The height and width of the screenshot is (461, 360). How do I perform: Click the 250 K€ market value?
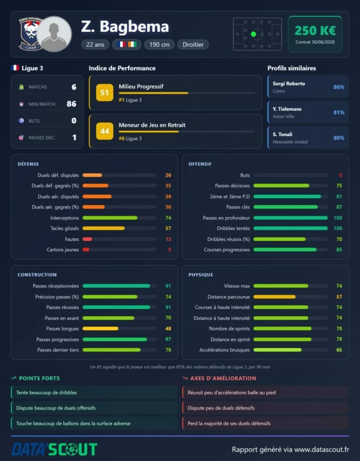click(x=315, y=31)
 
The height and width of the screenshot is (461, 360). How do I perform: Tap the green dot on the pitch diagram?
click(x=253, y=34)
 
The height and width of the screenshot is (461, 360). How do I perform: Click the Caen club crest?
click(x=30, y=34)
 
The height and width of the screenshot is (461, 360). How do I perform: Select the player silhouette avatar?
click(x=54, y=34)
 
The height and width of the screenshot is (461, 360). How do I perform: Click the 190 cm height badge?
click(x=159, y=45)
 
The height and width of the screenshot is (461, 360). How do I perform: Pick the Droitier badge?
click(x=193, y=45)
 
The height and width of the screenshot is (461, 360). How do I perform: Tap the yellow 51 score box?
click(x=104, y=93)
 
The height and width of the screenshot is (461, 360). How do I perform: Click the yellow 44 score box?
click(x=104, y=131)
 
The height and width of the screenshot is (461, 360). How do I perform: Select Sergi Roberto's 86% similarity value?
click(x=338, y=87)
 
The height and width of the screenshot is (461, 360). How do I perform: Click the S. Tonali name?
click(x=283, y=134)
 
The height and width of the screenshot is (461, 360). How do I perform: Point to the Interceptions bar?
click(x=110, y=218)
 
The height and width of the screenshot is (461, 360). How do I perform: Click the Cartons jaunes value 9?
click(x=170, y=249)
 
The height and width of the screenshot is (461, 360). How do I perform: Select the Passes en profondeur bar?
click(x=290, y=218)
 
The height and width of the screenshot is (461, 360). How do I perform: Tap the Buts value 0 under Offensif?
click(x=341, y=175)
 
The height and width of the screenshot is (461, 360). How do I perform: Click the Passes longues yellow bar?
click(x=100, y=328)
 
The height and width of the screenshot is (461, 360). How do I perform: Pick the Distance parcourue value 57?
click(x=339, y=297)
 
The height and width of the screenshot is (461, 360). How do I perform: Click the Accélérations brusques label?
click(x=225, y=350)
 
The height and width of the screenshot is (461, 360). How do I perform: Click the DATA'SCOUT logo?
click(x=54, y=450)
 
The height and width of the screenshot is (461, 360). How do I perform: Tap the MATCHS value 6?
click(x=74, y=87)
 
